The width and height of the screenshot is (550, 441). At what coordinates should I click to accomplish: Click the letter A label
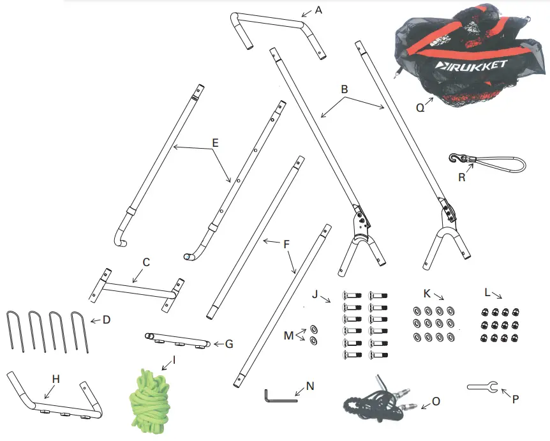[319, 10]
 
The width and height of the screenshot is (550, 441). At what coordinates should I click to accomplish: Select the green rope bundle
[151, 401]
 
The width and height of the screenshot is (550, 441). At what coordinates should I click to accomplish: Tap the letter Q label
[420, 108]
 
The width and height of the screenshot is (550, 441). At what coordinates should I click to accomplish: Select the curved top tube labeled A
[274, 23]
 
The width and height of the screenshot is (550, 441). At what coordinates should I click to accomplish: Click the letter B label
[345, 90]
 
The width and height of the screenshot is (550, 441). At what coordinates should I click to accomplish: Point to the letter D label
[105, 319]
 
